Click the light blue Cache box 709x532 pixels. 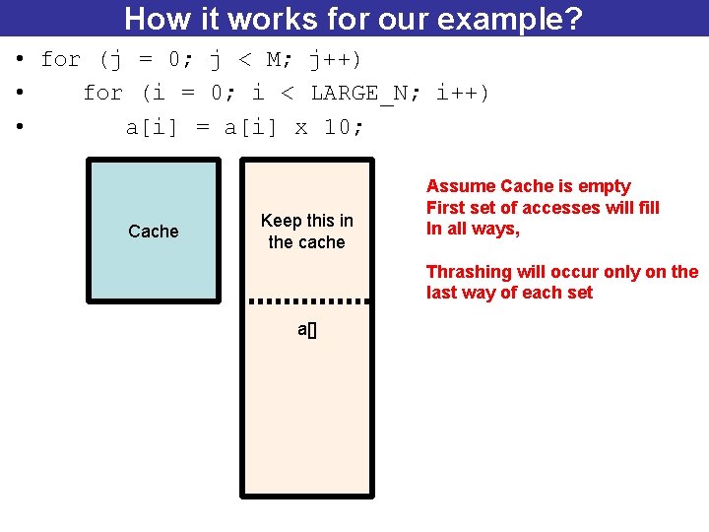tap(154, 231)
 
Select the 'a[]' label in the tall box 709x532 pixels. tap(307, 330)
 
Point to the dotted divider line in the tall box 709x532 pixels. tap(307, 300)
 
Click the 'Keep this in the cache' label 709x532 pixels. tap(307, 231)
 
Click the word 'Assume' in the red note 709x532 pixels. tap(461, 186)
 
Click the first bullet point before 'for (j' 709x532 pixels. tap(19, 60)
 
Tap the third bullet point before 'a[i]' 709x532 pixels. tap(19, 127)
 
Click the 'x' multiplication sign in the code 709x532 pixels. tap(301, 127)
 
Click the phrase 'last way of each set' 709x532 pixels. tap(509, 293)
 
